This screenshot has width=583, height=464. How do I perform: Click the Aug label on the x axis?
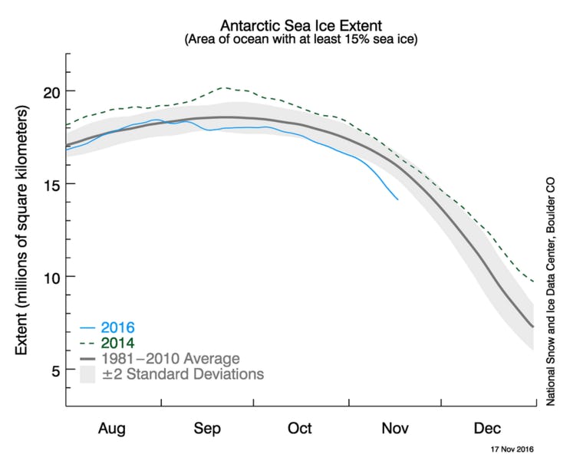click(x=112, y=428)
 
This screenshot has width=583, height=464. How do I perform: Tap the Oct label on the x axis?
click(x=300, y=428)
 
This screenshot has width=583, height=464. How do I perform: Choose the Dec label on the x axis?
click(x=487, y=428)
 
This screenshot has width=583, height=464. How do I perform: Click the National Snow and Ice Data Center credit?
click(x=550, y=299)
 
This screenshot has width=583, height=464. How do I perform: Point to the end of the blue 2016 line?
click(x=397, y=199)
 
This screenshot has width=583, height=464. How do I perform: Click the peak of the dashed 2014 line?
click(x=222, y=87)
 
